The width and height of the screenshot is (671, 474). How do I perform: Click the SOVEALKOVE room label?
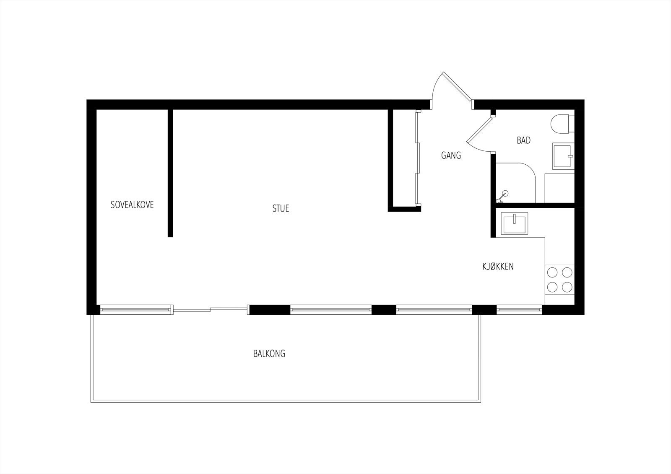click(x=132, y=205)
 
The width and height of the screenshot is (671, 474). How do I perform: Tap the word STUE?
click(x=281, y=208)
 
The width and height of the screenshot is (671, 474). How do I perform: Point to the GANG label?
click(x=451, y=155)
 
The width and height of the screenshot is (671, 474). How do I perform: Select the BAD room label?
click(x=524, y=140)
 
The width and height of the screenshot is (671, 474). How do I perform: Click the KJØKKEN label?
click(x=498, y=266)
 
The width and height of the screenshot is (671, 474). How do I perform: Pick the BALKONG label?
click(x=269, y=354)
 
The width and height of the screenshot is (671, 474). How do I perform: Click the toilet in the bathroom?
click(x=562, y=124)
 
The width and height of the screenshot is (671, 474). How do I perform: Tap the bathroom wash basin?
click(x=563, y=156)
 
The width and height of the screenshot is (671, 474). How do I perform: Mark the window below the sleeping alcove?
click(x=136, y=310)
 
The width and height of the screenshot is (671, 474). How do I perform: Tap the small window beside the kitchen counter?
click(x=519, y=310)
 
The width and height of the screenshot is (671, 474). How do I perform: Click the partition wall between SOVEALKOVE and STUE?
click(x=170, y=173)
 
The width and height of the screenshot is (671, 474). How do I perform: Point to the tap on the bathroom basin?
click(x=570, y=156)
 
